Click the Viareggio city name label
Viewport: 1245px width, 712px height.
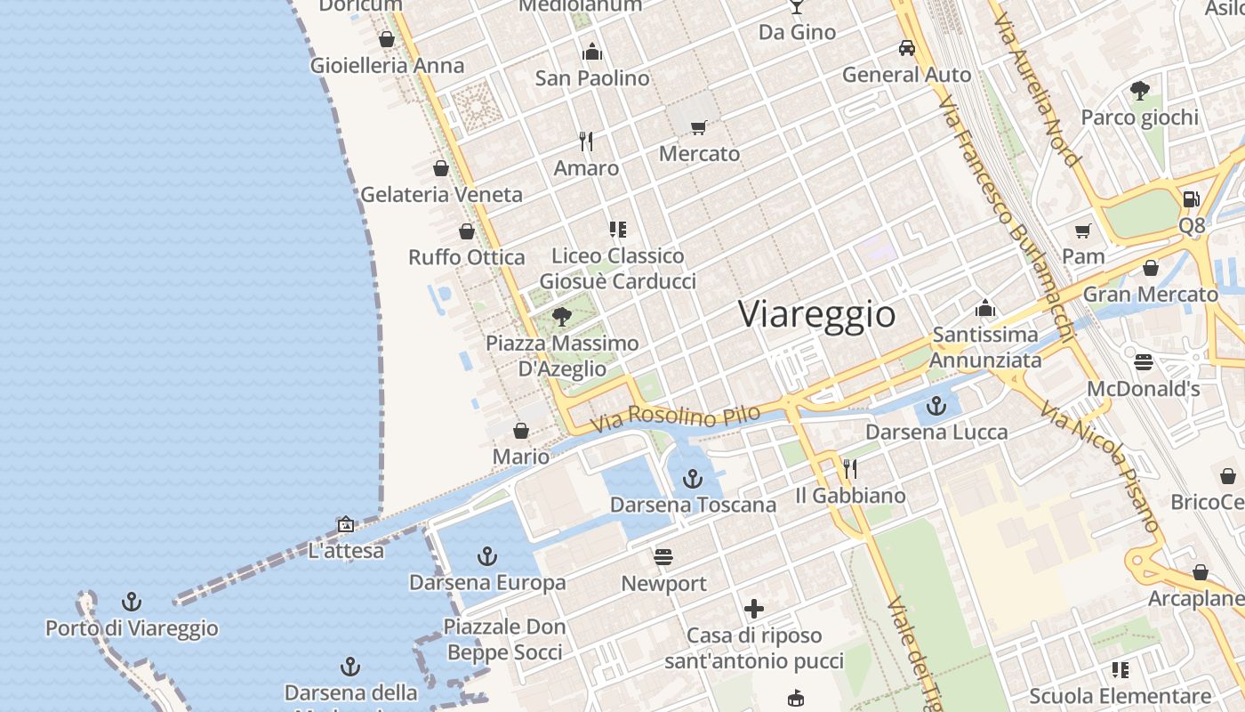point(816,315)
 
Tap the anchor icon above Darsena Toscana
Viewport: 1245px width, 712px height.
point(692,480)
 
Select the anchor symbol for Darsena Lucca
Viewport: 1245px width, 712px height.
point(936,407)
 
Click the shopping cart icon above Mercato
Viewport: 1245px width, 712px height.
point(699,128)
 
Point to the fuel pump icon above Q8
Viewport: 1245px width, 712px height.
point(1192,199)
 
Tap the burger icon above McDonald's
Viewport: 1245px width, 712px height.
point(1144,362)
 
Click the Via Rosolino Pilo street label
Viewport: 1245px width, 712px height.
point(676,416)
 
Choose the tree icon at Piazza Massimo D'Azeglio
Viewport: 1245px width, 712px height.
point(561,316)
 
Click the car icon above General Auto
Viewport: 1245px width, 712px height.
point(906,48)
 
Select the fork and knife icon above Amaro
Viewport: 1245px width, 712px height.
point(586,141)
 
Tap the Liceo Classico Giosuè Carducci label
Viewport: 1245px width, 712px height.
point(618,268)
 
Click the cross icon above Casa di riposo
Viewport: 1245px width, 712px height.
point(754,609)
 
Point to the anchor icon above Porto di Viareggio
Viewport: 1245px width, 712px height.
point(132,602)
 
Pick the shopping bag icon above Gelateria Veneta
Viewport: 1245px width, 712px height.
point(441,168)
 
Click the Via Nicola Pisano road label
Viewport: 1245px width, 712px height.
point(1100,467)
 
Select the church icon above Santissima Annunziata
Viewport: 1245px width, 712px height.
point(984,309)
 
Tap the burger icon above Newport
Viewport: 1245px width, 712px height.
point(663,557)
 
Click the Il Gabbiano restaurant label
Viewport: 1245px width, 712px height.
point(850,496)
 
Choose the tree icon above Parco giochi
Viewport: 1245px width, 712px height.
point(1139,90)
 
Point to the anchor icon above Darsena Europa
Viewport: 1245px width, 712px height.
point(486,557)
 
